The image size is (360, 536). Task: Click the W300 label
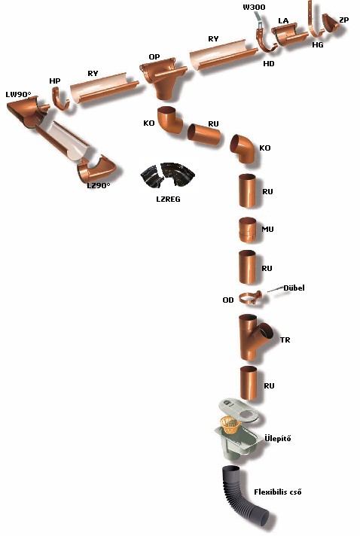(254, 7)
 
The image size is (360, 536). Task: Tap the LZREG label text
(168, 199)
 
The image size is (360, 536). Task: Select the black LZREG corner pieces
(168, 175)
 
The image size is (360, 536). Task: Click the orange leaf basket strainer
(230, 425)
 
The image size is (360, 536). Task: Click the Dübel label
(294, 288)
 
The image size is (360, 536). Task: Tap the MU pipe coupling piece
(247, 230)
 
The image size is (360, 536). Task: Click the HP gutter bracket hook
(60, 99)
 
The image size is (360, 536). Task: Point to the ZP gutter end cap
(331, 23)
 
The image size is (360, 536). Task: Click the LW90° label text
(19, 94)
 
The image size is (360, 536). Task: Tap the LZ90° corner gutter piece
(98, 170)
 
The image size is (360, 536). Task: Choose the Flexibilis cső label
(278, 492)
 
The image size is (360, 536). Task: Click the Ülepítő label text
(278, 438)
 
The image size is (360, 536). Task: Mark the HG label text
(318, 44)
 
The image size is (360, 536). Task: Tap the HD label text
(269, 63)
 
